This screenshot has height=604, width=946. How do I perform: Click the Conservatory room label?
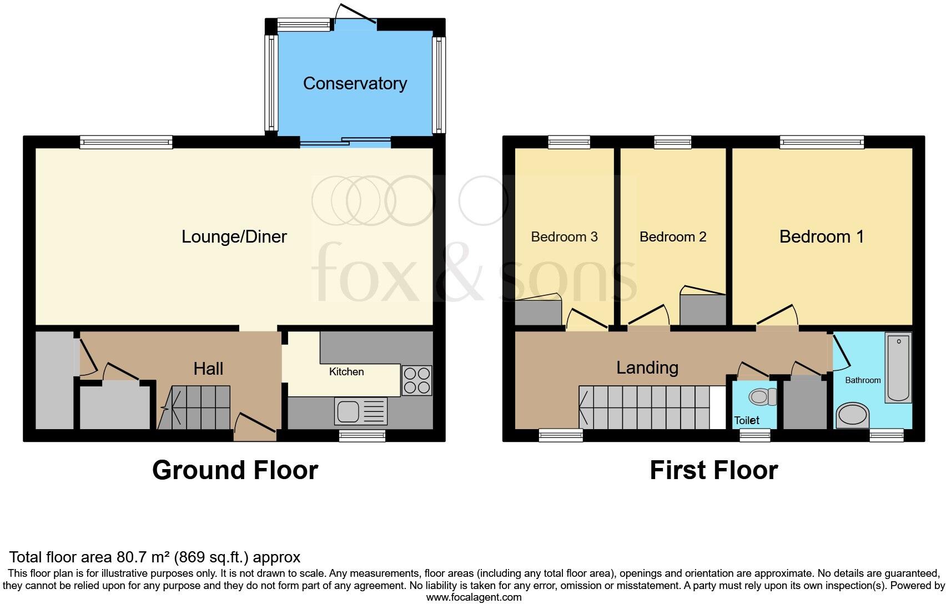click(x=355, y=83)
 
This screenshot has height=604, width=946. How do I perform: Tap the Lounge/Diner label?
click(x=234, y=236)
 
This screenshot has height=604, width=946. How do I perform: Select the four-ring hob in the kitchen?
click(x=416, y=380)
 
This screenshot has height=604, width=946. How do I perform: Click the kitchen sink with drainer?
click(x=360, y=412)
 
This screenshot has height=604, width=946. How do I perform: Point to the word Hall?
click(x=208, y=369)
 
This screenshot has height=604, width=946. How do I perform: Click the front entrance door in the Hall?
click(x=255, y=428)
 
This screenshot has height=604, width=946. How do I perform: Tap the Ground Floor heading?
click(x=235, y=470)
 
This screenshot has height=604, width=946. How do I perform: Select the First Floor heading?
click(x=713, y=470)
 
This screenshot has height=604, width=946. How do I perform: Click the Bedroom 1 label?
click(x=821, y=236)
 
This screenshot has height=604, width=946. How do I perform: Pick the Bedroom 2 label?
click(x=672, y=237)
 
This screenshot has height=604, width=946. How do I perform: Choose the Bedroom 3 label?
click(x=564, y=237)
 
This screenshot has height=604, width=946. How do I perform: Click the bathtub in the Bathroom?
click(x=898, y=367)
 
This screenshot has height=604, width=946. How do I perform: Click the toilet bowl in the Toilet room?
click(x=763, y=396)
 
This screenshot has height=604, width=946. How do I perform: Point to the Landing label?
click(x=647, y=368)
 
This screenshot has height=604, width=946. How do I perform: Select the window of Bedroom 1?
click(x=822, y=142)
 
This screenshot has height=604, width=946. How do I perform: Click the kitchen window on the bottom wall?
click(x=362, y=436)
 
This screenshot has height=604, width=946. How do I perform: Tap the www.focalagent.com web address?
click(x=474, y=597)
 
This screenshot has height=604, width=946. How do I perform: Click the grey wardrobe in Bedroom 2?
click(x=703, y=310)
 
